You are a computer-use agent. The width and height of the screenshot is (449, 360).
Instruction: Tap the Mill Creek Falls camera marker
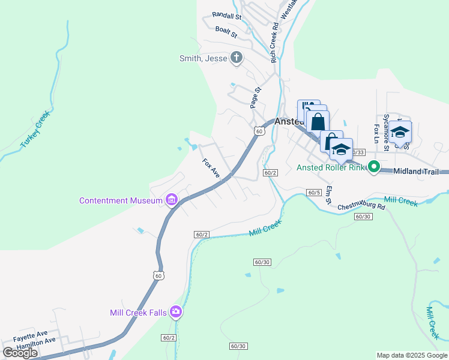[176, 311]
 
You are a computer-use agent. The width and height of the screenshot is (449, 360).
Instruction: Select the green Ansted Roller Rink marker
[374, 167]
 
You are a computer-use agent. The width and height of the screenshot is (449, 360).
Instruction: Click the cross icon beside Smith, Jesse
[237, 58]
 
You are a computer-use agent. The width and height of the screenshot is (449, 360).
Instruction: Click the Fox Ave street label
[211, 168]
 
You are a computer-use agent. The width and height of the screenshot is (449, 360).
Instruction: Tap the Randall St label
[226, 17]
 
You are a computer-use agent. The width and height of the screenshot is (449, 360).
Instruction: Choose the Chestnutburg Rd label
[360, 206]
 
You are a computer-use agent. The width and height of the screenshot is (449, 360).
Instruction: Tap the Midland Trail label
[420, 172]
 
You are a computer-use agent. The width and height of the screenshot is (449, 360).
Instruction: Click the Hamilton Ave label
[36, 340]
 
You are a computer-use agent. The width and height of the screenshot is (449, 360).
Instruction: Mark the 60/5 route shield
[313, 192]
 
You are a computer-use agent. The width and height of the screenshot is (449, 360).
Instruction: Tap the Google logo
[20, 353]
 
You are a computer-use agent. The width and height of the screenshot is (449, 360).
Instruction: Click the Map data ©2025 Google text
[411, 355]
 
